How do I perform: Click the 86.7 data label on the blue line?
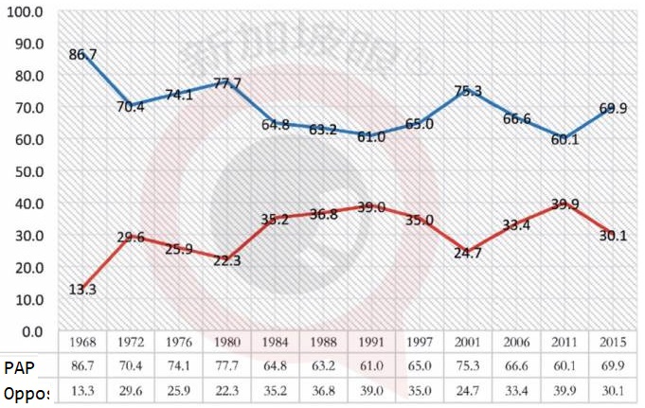pyautogui.click(x=84, y=55)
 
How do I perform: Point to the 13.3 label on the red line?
pyautogui.click(x=84, y=290)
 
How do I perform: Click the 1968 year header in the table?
pyautogui.click(x=84, y=343)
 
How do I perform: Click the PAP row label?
pyautogui.click(x=19, y=366)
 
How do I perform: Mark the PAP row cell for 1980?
pyautogui.click(x=227, y=366)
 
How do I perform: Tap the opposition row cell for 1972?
pyautogui.click(x=132, y=390)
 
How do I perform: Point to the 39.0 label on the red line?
pyautogui.click(x=372, y=206)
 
